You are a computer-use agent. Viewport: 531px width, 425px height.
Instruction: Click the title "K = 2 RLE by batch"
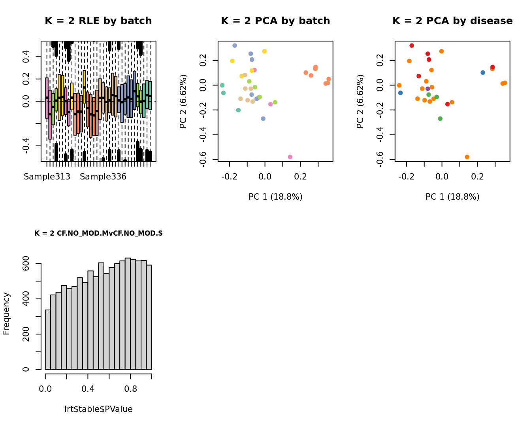tap(98, 21)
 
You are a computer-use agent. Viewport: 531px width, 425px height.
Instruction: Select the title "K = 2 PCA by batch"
tap(275, 21)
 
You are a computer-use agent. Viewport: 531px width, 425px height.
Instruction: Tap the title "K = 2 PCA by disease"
tap(452, 21)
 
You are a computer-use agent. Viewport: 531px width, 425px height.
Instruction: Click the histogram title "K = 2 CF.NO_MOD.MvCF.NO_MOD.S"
tap(98, 233)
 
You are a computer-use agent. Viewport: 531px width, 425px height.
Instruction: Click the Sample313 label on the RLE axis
tap(47, 177)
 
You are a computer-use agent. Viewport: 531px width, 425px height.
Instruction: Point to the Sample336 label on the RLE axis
tap(103, 177)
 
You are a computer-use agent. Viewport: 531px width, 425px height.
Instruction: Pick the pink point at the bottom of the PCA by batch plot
tap(290, 157)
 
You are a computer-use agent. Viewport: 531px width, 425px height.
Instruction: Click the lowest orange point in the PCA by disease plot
tap(467, 157)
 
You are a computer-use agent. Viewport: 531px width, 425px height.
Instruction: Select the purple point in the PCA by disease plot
tap(427, 89)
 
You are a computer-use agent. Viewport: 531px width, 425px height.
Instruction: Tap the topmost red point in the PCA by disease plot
tap(412, 46)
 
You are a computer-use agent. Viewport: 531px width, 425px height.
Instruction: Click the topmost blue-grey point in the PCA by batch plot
tap(235, 46)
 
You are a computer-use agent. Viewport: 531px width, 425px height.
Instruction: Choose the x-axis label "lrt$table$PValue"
tap(98, 409)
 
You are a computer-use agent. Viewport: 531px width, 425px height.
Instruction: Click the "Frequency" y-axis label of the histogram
tap(6, 314)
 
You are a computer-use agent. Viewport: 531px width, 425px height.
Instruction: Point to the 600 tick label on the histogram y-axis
tap(26, 264)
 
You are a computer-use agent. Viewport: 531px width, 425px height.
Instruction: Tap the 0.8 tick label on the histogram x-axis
tap(131, 389)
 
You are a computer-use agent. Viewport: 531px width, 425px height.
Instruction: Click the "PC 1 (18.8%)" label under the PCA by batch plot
tap(275, 197)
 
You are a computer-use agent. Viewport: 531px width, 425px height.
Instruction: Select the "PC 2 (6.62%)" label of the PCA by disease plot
tap(360, 101)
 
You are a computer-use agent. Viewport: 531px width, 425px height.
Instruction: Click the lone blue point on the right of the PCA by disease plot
tap(483, 73)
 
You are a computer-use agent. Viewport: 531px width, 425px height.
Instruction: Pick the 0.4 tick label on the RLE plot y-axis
tap(26, 57)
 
